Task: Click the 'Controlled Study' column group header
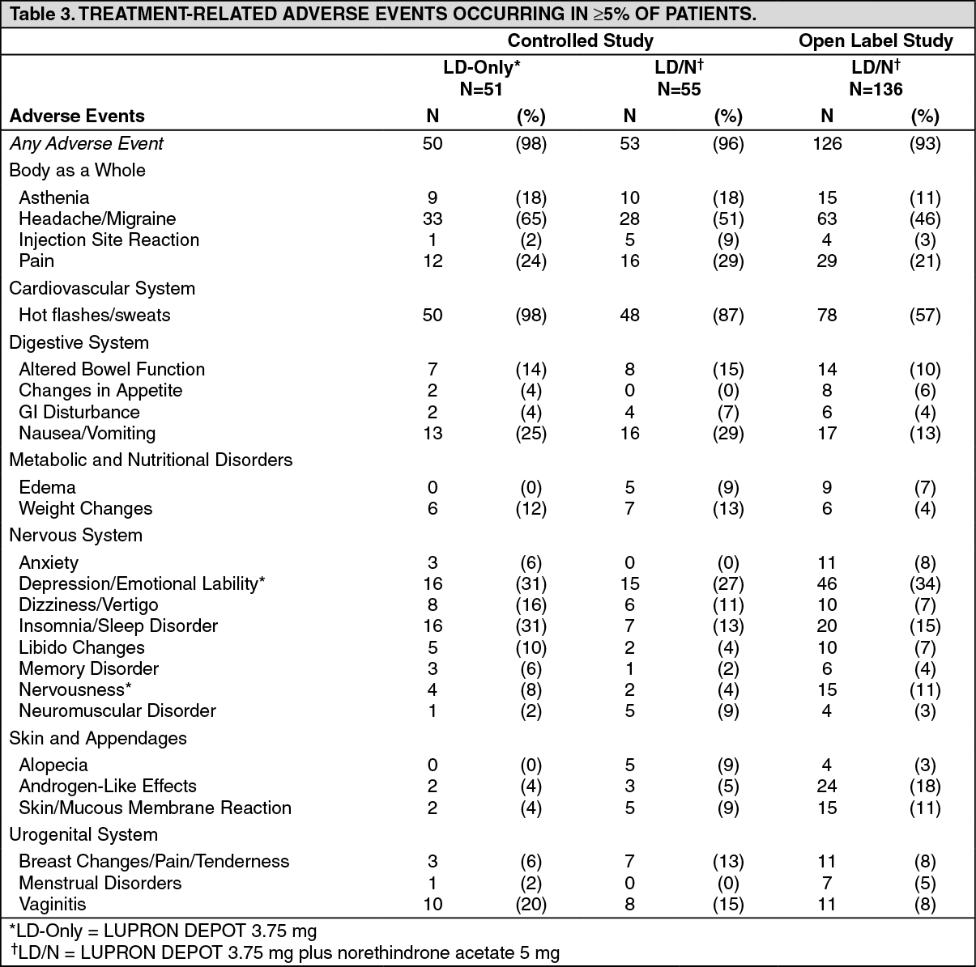580,41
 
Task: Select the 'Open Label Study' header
876,41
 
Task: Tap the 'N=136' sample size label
876,90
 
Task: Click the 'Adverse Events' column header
77,116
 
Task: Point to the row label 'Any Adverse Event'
87,144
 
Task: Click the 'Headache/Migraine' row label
97,219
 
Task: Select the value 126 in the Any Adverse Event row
827,144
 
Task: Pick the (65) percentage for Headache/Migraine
531,219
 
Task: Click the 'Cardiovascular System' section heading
102,288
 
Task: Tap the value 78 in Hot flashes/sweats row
827,316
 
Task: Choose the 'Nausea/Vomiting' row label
87,434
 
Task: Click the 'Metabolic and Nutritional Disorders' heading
151,460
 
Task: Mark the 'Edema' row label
47,487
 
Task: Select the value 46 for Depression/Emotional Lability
827,584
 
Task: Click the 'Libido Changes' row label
82,647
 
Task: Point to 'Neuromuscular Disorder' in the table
117,711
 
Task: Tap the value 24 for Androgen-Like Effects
827,787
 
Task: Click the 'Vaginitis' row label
52,904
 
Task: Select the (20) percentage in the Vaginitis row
531,904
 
